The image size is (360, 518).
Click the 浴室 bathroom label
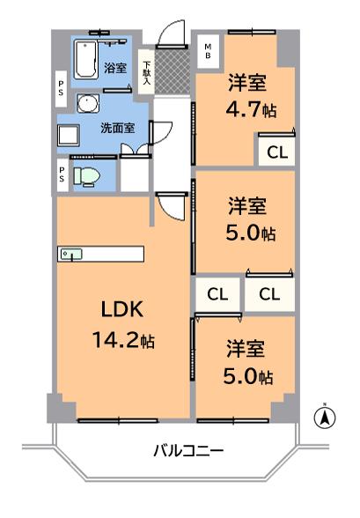click(x=115, y=67)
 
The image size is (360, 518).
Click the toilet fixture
click(x=88, y=176)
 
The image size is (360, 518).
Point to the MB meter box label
click(x=209, y=48)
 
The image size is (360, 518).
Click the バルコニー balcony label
click(x=187, y=451)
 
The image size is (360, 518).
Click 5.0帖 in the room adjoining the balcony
click(x=247, y=376)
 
